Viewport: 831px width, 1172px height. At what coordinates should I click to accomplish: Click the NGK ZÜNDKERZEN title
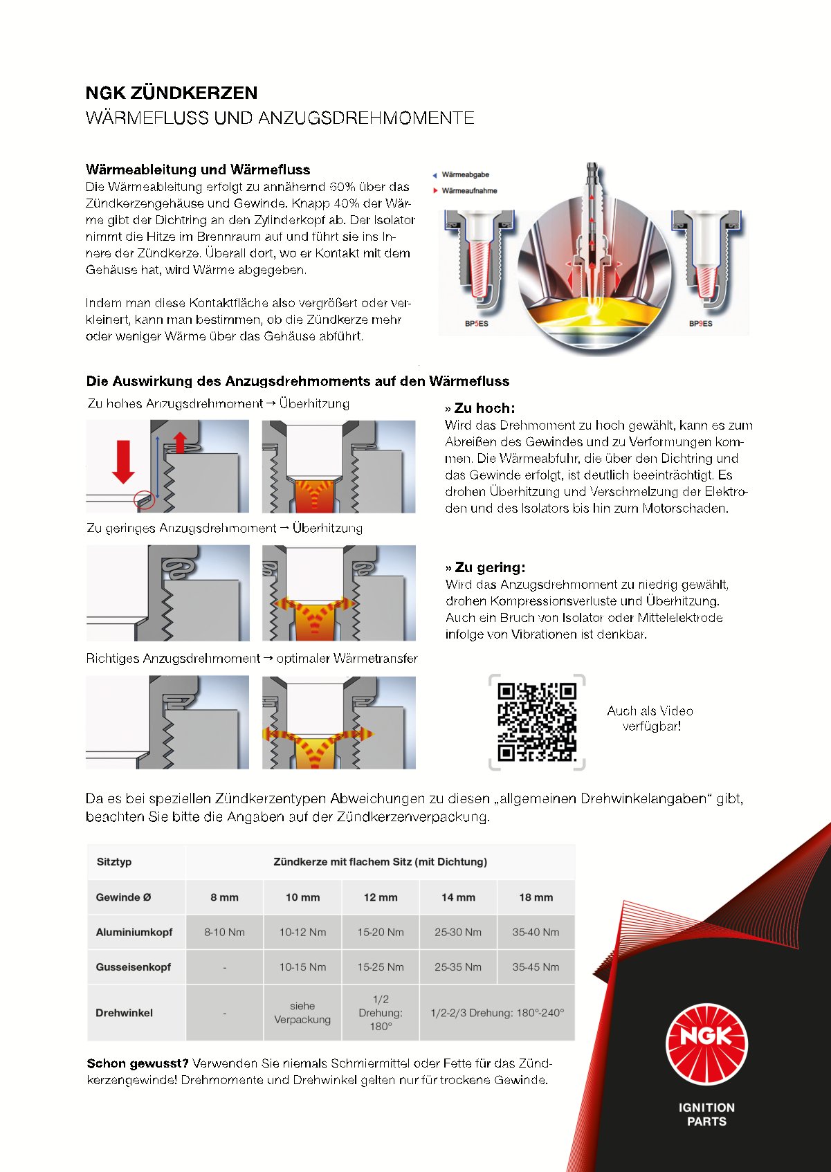click(x=171, y=93)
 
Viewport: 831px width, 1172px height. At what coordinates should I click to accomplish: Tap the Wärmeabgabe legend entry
click(x=464, y=175)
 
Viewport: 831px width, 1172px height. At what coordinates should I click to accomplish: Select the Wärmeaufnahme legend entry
click(x=468, y=191)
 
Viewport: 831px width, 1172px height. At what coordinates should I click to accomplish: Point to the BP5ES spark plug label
click(x=476, y=324)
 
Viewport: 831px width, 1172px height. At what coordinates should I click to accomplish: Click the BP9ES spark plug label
click(x=700, y=324)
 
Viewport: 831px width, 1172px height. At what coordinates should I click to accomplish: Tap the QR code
click(x=537, y=722)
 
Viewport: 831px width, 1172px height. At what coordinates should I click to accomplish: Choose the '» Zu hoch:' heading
click(x=480, y=408)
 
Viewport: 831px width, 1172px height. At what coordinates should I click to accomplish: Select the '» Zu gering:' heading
click(x=486, y=567)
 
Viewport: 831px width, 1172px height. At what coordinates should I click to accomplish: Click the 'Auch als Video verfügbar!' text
click(x=650, y=718)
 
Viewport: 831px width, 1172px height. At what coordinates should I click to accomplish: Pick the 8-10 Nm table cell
click(x=224, y=932)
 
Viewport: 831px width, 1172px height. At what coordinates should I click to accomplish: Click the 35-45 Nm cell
click(x=536, y=967)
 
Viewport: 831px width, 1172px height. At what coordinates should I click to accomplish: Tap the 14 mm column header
click(x=458, y=897)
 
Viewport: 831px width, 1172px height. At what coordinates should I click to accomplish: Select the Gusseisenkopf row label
click(x=133, y=967)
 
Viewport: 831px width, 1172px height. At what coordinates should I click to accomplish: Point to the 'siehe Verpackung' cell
click(x=302, y=1013)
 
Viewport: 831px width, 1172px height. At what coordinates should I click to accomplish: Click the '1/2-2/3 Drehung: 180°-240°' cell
click(x=497, y=1013)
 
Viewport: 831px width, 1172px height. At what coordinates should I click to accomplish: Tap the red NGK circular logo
click(x=706, y=1043)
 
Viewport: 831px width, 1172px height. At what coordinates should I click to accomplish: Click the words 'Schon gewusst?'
click(x=138, y=1063)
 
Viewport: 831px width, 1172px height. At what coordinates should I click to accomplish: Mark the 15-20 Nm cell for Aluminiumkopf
click(x=381, y=932)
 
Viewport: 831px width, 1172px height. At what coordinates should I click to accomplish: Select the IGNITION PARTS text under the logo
click(x=706, y=1115)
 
